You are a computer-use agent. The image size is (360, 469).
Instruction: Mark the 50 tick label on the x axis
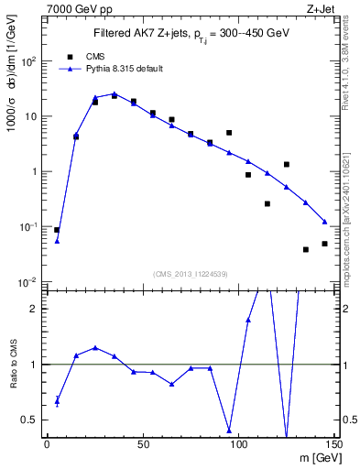tap(143, 444)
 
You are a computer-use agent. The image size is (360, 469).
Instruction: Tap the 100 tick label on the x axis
tap(238, 444)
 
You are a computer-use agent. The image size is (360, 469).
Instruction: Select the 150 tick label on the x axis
tap(333, 444)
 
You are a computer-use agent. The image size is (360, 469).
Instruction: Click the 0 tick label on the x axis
tap(47, 444)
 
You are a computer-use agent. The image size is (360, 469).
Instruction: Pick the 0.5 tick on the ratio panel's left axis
tap(31, 420)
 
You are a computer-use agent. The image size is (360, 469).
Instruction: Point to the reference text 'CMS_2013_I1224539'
tap(191, 273)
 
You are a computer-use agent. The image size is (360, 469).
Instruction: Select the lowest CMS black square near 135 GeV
tap(306, 249)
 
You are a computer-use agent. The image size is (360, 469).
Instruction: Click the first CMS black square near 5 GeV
tap(57, 230)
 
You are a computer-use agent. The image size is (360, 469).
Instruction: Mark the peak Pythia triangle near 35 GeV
tap(114, 93)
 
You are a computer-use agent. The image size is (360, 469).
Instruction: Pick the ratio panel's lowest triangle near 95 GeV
tap(229, 429)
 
